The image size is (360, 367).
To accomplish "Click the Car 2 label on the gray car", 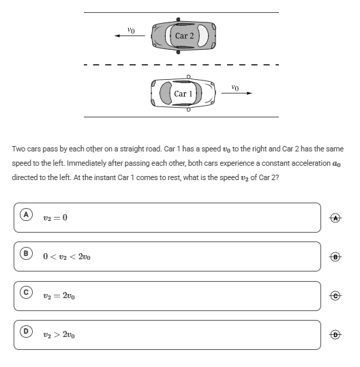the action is click(184, 35).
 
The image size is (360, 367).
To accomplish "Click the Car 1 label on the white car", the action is click(183, 93).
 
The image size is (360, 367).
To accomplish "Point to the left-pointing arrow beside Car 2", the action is click(130, 35).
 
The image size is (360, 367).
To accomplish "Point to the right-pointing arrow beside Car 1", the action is click(237, 93).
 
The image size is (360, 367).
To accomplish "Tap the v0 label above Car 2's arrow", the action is click(131, 30).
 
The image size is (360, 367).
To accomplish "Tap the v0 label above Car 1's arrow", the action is click(235, 87).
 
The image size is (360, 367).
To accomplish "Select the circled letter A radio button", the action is click(26, 215).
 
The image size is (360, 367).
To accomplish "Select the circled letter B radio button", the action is click(26, 254).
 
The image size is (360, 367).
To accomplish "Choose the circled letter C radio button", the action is click(26, 293).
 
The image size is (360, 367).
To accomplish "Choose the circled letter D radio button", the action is click(26, 332).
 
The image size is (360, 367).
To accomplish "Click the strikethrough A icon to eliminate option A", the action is click(335, 218).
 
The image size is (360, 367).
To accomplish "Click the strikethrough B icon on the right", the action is click(335, 257).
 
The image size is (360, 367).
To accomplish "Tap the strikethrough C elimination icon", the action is click(335, 296).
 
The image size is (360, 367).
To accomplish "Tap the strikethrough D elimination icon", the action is click(335, 335).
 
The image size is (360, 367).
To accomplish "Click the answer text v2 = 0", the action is click(55, 218).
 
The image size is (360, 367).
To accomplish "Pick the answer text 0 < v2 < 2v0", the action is click(67, 256).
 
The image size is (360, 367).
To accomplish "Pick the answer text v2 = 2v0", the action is click(59, 296).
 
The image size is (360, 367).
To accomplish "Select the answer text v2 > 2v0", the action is click(59, 335).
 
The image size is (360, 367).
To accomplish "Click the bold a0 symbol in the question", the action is click(336, 163).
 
